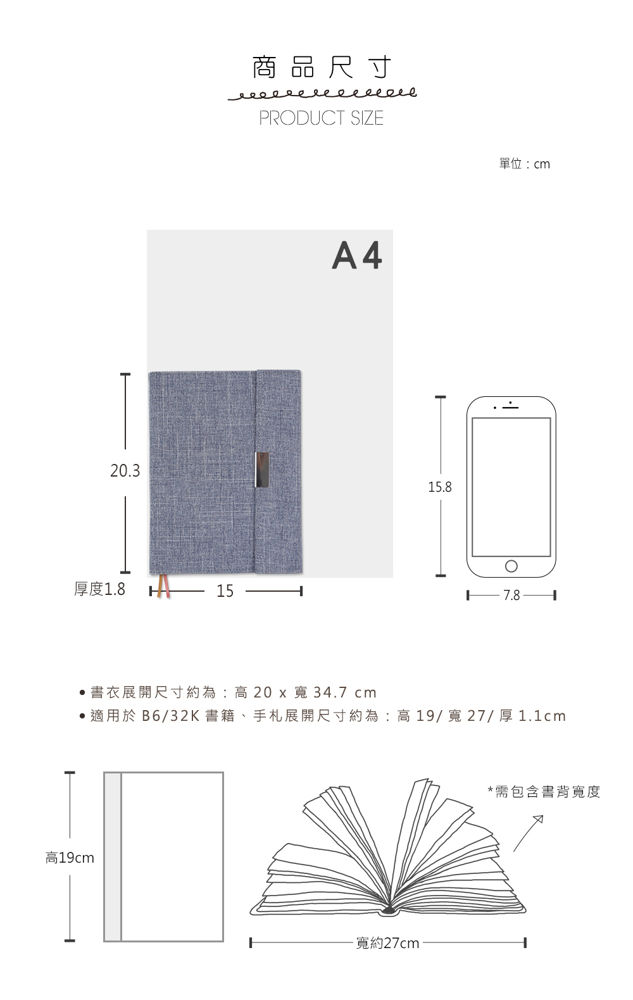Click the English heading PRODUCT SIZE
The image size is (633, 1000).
point(321,118)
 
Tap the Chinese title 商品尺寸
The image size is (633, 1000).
point(322,68)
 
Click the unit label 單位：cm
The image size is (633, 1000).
point(525,164)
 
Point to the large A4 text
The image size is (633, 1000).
point(356,255)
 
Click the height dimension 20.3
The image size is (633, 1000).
point(125,471)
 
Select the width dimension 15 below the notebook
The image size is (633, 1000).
point(225,591)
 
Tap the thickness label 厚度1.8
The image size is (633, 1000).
point(99,589)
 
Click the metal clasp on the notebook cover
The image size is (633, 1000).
point(262,469)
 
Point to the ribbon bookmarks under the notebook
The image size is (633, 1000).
point(163,586)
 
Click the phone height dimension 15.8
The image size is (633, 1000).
point(440,487)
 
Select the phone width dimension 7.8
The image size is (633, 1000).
point(511,595)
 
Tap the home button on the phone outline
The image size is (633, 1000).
point(511,566)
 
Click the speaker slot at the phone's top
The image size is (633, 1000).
point(511,407)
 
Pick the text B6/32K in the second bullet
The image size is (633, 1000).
point(170,716)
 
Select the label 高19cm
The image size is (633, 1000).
point(70,858)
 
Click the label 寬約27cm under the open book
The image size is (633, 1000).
point(387,943)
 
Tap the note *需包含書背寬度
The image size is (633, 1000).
point(544,792)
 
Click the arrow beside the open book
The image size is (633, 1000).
point(528,834)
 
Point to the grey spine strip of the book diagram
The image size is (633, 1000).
point(113,857)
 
